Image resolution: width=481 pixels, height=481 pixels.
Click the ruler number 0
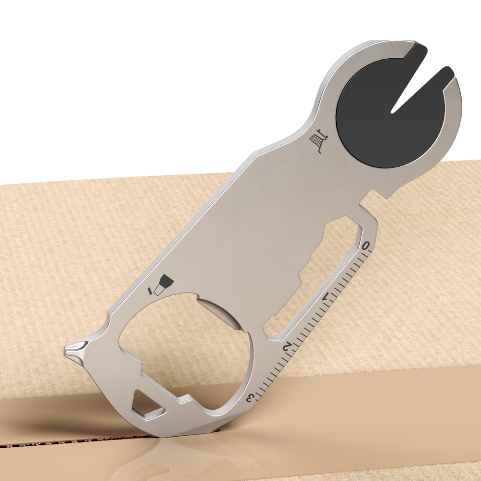point(367,246)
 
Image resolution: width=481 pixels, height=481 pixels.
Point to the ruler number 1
point(329,299)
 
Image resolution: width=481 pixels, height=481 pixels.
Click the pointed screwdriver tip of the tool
point(72,348)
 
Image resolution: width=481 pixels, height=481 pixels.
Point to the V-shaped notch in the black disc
point(414,91)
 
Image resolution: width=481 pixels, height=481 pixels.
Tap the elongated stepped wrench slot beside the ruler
point(317,269)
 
